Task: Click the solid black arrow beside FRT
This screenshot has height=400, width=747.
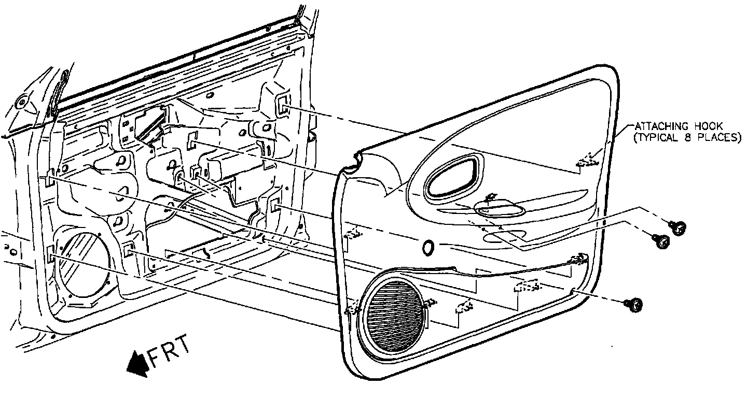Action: tap(137, 361)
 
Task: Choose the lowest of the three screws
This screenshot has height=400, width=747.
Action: tap(633, 305)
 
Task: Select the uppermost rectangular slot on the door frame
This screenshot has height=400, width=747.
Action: tap(283, 106)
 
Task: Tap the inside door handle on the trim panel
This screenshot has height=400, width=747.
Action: tap(499, 210)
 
